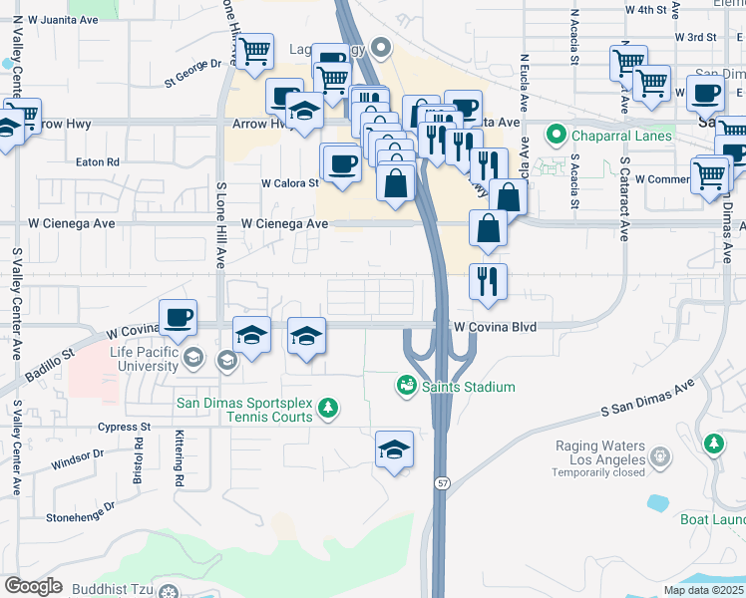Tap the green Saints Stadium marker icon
pyautogui.click(x=406, y=385)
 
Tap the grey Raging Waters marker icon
pyautogui.click(x=659, y=456)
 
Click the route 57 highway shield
pyautogui.click(x=441, y=482)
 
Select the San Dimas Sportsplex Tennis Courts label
pyautogui.click(x=244, y=410)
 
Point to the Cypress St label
pyautogui.click(x=124, y=427)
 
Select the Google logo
pyautogui.click(x=33, y=586)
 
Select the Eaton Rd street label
pyautogui.click(x=98, y=161)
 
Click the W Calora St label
pyautogui.click(x=289, y=183)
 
